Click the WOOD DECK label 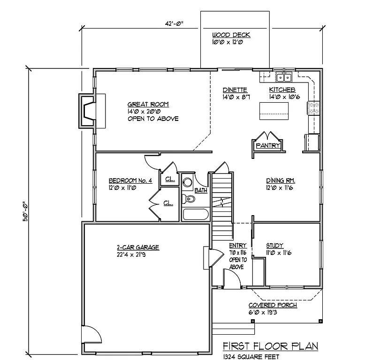[231, 35]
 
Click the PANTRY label [267, 146]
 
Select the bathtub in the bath [196, 215]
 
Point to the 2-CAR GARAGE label [137, 247]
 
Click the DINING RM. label [280, 180]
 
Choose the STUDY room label [274, 245]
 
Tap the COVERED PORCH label [273, 305]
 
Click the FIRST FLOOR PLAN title [270, 346]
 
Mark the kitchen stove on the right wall [313, 109]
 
